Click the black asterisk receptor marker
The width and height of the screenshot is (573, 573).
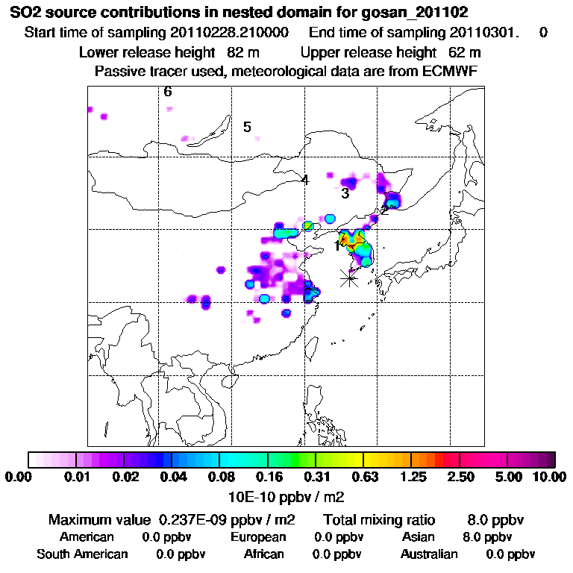[348, 278]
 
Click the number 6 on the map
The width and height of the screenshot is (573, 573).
[168, 92]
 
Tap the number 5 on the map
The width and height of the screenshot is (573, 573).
[247, 127]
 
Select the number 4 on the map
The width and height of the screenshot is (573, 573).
[304, 180]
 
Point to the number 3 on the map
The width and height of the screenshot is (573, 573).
[345, 193]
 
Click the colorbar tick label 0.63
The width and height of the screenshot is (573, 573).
[363, 477]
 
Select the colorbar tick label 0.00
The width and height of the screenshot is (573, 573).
[19, 477]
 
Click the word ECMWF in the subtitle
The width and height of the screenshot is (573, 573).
[451, 71]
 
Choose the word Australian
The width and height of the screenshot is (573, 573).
[429, 554]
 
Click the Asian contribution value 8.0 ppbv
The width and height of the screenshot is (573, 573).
[487, 537]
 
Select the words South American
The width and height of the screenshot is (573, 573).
[82, 554]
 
